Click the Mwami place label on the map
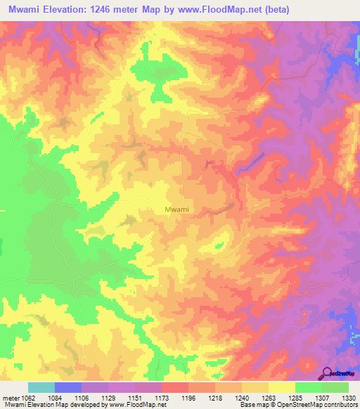click(x=176, y=209)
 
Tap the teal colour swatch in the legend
click(x=41, y=387)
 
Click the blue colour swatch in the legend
click(x=67, y=387)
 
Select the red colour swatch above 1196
click(x=174, y=387)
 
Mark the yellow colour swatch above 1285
click(x=281, y=387)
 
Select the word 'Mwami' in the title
click(x=27, y=10)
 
